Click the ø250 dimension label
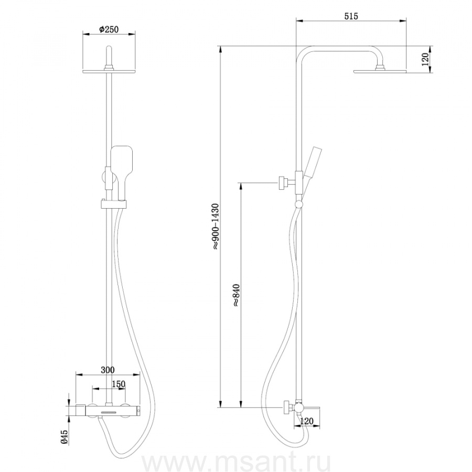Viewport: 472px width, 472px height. [x=109, y=29]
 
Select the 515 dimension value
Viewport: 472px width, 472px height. [x=351, y=16]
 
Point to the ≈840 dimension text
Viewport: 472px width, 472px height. [x=236, y=295]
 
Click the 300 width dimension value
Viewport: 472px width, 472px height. [x=108, y=370]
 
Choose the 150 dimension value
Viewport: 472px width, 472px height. [x=119, y=384]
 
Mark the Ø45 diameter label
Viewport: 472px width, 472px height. [x=65, y=437]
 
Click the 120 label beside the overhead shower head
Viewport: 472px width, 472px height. [x=425, y=59]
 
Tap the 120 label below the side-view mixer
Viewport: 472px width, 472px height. [x=306, y=421]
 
